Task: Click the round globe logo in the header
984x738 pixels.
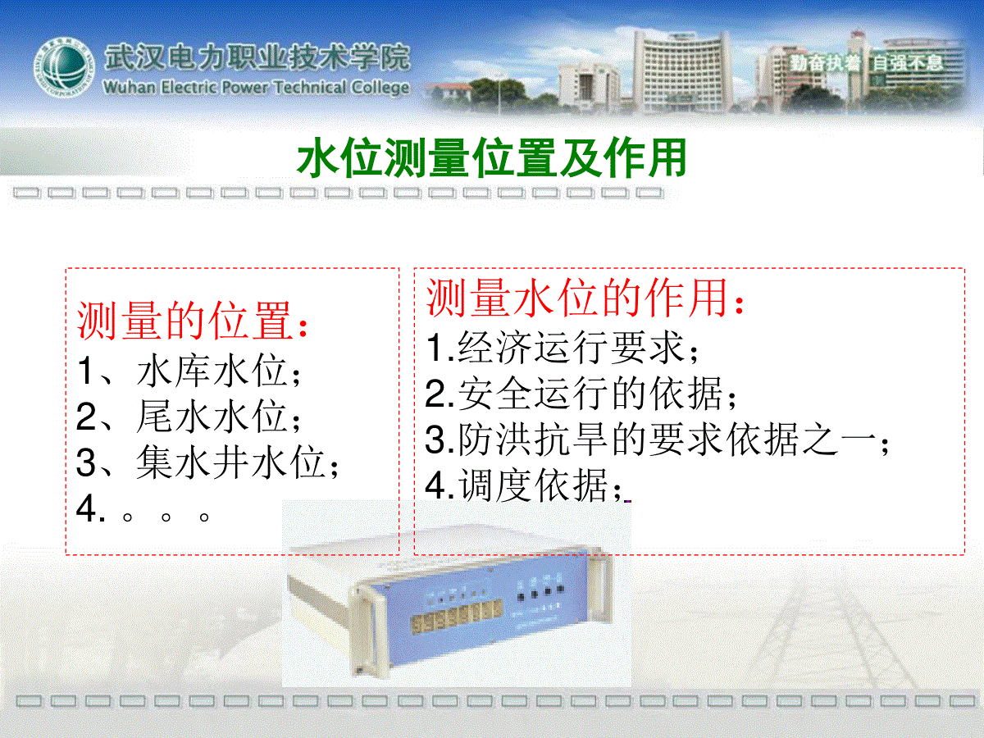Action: click(64, 68)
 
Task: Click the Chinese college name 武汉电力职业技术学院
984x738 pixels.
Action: click(257, 57)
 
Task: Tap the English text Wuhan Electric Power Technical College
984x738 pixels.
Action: click(256, 87)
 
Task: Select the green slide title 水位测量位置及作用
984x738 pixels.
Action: click(491, 157)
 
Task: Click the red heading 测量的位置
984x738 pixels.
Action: click(193, 321)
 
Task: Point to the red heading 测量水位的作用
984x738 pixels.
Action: click(585, 298)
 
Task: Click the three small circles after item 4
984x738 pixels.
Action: click(166, 517)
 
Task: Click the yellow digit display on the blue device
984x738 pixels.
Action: click(456, 617)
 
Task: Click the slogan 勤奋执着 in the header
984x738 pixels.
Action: click(825, 63)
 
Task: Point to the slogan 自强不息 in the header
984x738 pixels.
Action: click(908, 63)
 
